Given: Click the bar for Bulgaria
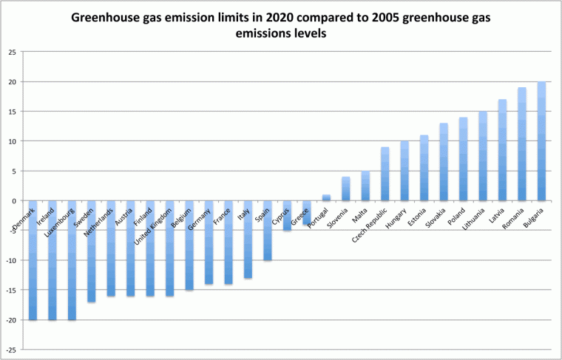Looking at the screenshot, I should click(542, 141).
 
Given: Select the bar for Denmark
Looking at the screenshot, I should click(33, 260).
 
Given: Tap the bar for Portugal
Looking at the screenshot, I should click(326, 197).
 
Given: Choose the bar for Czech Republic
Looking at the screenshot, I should click(385, 174).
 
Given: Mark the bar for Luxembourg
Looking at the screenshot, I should click(72, 260).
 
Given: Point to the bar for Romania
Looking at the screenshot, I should click(522, 144).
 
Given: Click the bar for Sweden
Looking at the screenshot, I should click(91, 251).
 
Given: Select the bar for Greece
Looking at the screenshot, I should click(306, 212).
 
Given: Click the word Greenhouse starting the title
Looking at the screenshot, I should click(104, 17).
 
